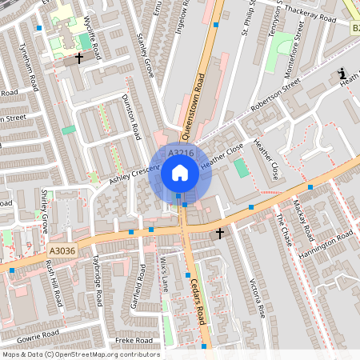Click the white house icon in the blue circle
click(180, 172)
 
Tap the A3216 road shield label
click(181, 152)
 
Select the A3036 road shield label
click(62, 250)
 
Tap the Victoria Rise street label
click(257, 295)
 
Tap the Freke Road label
click(134, 340)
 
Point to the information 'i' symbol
click(342, 73)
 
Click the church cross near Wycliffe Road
click(78, 58)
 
